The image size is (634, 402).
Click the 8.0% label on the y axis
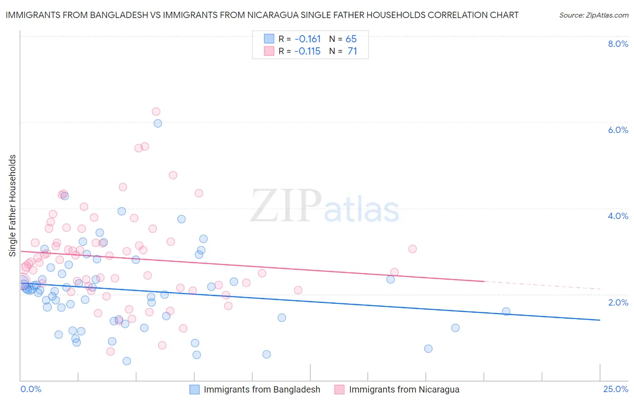[x=618, y=44]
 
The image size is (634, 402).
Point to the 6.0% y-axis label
[x=618, y=130]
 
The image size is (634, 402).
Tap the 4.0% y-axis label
[x=618, y=216]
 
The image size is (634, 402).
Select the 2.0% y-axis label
[x=618, y=302]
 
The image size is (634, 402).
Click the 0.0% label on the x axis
[x=31, y=389]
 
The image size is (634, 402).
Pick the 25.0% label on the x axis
[x=616, y=389]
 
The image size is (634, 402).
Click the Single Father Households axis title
[x=12, y=206]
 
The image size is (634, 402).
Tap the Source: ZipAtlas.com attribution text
[x=593, y=15]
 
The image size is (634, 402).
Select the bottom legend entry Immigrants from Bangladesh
[x=262, y=389]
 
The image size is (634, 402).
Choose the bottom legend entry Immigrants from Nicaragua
[x=404, y=389]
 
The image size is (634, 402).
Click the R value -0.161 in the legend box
[x=308, y=39]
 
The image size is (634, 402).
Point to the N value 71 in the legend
[x=352, y=51]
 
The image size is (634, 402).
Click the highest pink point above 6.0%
[x=156, y=111]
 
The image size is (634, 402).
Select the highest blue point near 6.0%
[x=158, y=123]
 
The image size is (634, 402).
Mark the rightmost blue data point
[x=506, y=311]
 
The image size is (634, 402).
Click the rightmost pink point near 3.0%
[x=412, y=249]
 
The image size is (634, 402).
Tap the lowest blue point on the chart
[x=127, y=361]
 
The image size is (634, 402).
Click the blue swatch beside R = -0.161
[x=269, y=39]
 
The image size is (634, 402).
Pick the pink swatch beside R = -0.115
[x=269, y=51]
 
